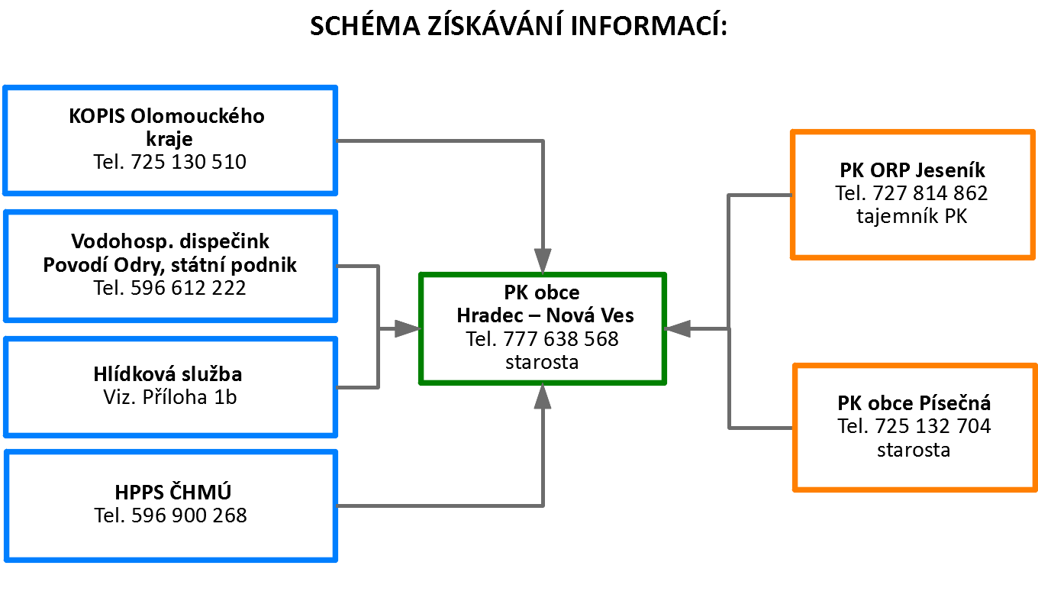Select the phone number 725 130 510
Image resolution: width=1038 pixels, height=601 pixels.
[x=188, y=162]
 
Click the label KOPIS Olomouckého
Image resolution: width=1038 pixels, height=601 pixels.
[x=167, y=116]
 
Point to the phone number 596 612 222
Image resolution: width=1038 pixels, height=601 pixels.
[x=188, y=288]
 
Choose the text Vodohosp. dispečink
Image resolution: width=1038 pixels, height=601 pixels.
[x=170, y=241]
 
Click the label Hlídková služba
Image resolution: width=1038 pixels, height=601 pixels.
[x=168, y=373]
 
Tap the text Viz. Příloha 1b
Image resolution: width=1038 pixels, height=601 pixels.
[x=170, y=397]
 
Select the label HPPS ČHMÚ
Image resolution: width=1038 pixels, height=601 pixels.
[x=172, y=492]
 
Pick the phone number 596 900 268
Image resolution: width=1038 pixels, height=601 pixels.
[x=189, y=515]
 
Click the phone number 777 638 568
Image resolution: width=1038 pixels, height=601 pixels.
[x=561, y=339]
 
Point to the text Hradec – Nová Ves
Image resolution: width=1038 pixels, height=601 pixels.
[x=546, y=315]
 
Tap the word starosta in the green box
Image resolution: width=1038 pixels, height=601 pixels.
[x=542, y=362]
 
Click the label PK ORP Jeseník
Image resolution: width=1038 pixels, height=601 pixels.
[x=912, y=170]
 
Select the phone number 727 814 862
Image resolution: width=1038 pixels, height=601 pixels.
[x=930, y=193]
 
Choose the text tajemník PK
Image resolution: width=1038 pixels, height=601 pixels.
[x=912, y=217]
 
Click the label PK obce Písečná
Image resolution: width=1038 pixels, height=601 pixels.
[x=914, y=403]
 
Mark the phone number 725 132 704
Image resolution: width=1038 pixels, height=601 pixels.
[x=933, y=426]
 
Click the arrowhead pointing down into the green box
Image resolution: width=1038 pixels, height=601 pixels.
[x=543, y=260]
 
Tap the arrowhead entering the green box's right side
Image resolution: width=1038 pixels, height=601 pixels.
[x=678, y=329]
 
